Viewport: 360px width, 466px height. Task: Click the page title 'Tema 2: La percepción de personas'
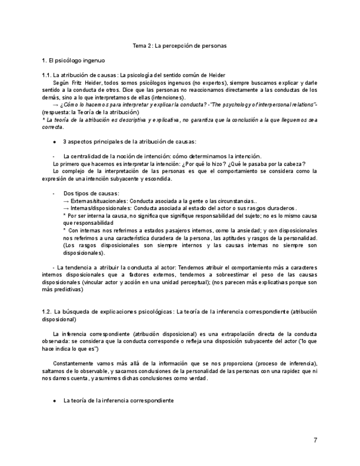(180, 46)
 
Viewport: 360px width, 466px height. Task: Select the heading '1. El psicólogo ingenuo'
(74, 60)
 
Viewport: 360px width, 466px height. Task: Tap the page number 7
(315, 440)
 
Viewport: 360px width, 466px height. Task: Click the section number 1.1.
(46, 75)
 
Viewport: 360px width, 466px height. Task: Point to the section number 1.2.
(47, 312)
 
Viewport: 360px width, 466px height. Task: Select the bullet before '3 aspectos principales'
(54, 142)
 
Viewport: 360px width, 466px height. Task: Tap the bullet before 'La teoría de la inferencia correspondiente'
(54, 401)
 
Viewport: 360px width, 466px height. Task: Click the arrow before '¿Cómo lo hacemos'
(56, 104)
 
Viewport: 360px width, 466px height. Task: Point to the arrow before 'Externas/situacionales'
(66, 201)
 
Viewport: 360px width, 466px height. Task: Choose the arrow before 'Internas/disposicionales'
(66, 208)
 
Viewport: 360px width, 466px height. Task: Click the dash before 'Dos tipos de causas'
(53, 193)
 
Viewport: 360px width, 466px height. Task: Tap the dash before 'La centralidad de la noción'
(53, 156)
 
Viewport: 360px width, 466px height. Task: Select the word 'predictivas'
(68, 289)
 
